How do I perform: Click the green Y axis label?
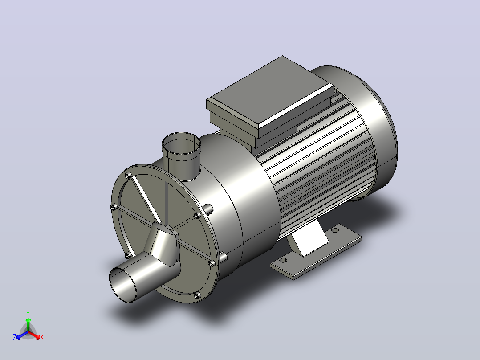[28, 313]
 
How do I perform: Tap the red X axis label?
[42, 337]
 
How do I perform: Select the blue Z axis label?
[15, 337]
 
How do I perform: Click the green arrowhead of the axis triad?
[28, 320]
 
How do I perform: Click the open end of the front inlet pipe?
[123, 285]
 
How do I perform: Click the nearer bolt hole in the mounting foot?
[283, 261]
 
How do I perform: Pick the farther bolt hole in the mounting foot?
[335, 229]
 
